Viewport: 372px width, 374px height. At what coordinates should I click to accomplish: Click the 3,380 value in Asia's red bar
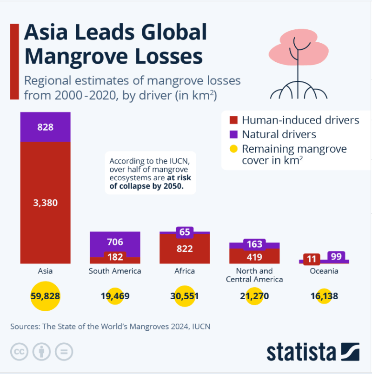pyautogui.click(x=45, y=203)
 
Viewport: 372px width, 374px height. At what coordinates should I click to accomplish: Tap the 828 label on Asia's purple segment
pyautogui.click(x=45, y=127)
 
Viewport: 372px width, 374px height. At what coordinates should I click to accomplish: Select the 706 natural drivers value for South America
pyautogui.click(x=115, y=242)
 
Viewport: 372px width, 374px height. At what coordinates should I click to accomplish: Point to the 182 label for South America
pyautogui.click(x=115, y=257)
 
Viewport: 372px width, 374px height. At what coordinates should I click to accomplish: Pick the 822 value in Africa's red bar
pyautogui.click(x=185, y=249)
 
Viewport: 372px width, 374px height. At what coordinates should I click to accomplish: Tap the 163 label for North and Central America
pyautogui.click(x=254, y=244)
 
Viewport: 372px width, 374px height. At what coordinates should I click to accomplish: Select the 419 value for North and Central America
pyautogui.click(x=254, y=257)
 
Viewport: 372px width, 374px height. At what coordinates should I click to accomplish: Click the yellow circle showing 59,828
pyautogui.click(x=46, y=296)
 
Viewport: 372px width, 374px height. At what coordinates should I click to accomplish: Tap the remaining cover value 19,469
pyautogui.click(x=115, y=296)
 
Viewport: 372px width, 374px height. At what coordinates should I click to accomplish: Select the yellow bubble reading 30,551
pyautogui.click(x=185, y=296)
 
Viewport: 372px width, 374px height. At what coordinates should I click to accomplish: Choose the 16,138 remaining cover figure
pyautogui.click(x=324, y=296)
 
